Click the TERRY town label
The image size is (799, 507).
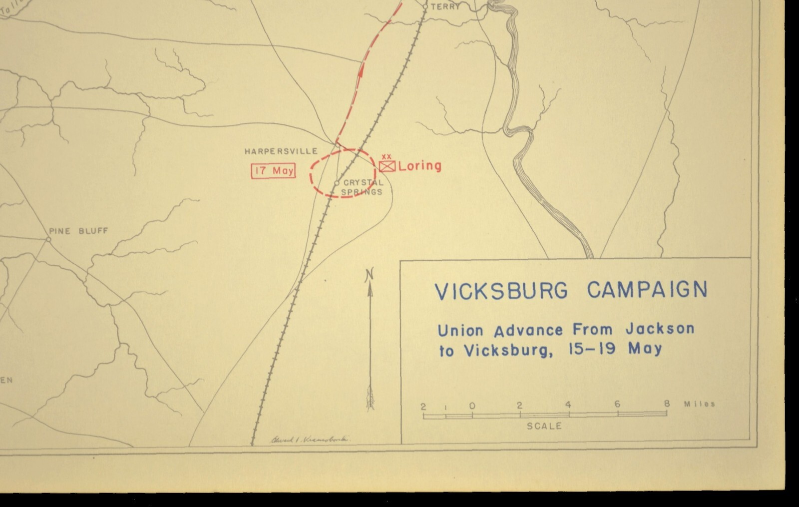click(445, 7)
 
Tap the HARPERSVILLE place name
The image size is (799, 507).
click(281, 151)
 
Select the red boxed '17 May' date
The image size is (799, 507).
click(273, 171)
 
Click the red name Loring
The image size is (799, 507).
click(420, 166)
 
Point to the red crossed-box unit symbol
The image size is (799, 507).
click(387, 166)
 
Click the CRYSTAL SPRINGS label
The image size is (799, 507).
click(363, 187)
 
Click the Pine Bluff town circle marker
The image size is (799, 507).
click(48, 240)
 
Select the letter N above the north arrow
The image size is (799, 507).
click(370, 274)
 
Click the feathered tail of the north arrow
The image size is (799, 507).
click(370, 397)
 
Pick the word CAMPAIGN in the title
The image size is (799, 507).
click(647, 290)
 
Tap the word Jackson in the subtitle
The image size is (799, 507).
click(660, 329)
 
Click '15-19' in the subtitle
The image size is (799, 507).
click(592, 349)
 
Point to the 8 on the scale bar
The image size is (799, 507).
click(667, 404)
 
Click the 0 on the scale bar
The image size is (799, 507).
click(472, 406)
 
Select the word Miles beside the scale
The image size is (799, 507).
click(699, 404)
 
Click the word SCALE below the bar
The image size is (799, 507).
click(544, 426)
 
